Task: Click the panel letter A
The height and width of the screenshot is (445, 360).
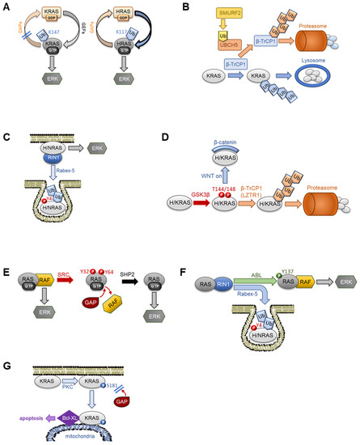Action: click(x=6, y=8)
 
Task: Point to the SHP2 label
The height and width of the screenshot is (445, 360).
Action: click(x=124, y=263)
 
